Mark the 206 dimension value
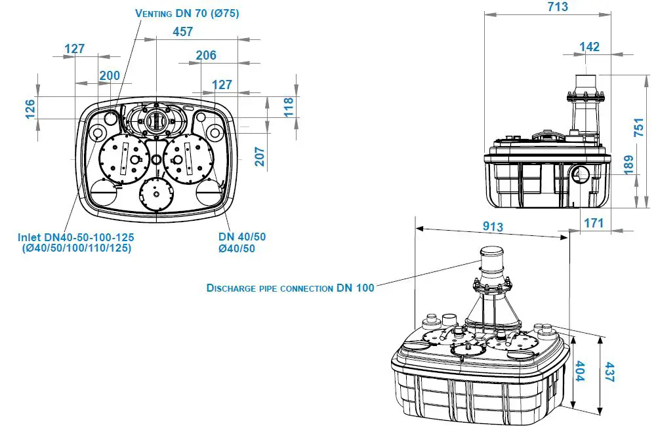click(x=206, y=55)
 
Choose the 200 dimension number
click(x=110, y=75)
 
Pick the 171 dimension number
click(x=593, y=223)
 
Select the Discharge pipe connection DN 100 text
click(x=290, y=288)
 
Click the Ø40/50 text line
click(x=237, y=248)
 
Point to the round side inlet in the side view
click(x=581, y=174)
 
